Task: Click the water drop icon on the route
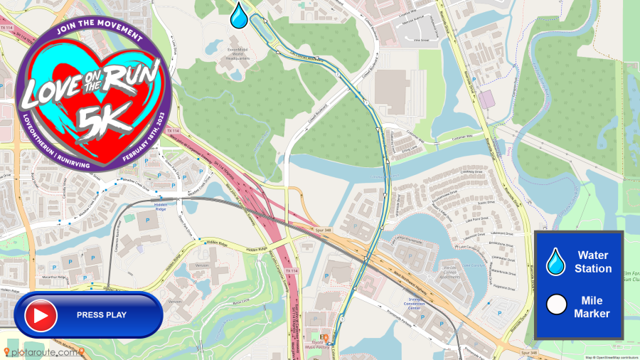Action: pyautogui.click(x=239, y=14)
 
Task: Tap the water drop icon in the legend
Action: pyautogui.click(x=555, y=262)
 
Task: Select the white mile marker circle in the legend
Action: pyautogui.click(x=555, y=306)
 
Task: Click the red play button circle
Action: pyautogui.click(x=41, y=314)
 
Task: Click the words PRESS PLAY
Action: pyautogui.click(x=102, y=315)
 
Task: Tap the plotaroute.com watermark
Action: pyautogui.click(x=44, y=352)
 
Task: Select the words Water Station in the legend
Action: pyautogui.click(x=594, y=262)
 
